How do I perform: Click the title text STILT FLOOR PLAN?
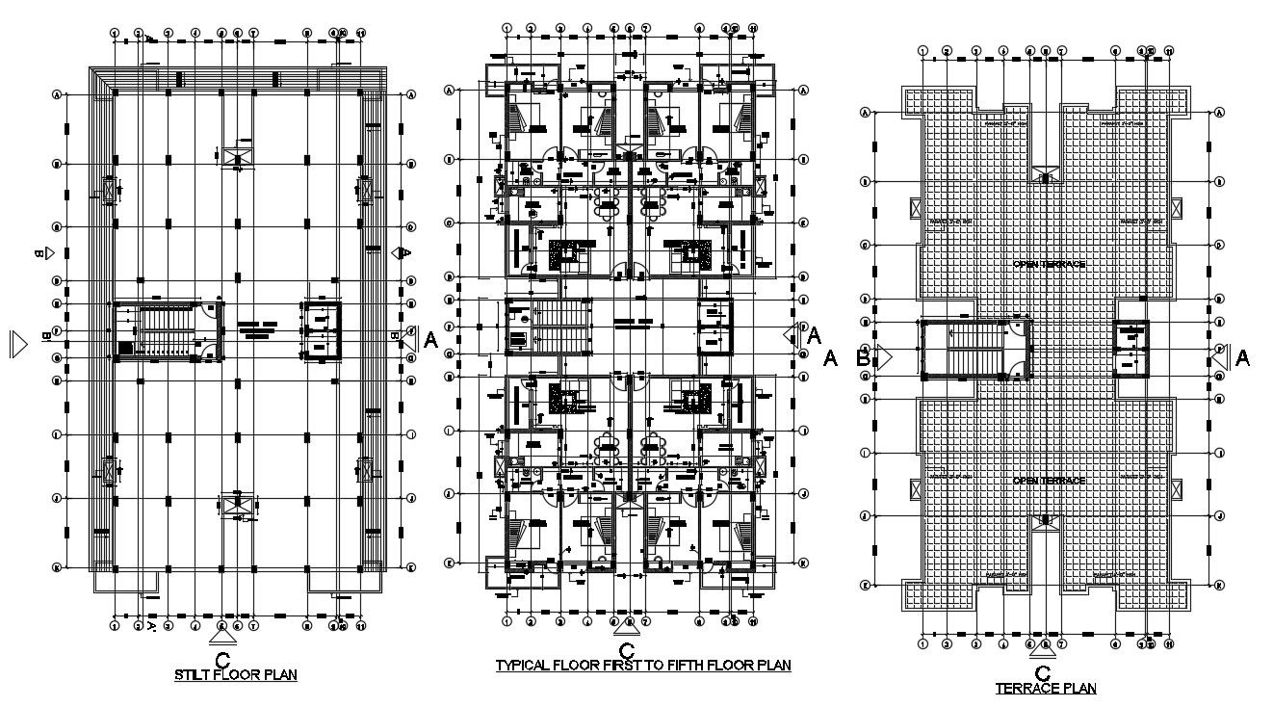click(x=229, y=675)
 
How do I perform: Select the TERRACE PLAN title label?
click(x=1046, y=689)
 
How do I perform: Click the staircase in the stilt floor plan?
click(x=168, y=332)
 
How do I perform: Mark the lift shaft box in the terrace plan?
click(x=1132, y=347)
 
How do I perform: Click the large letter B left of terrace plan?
click(x=863, y=358)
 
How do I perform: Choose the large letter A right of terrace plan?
click(x=1242, y=358)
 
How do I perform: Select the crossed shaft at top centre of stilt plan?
click(x=236, y=157)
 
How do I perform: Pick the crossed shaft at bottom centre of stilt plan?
click(x=236, y=504)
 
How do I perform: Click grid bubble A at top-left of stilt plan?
click(x=57, y=94)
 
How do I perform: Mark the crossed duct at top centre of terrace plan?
click(x=1045, y=174)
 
